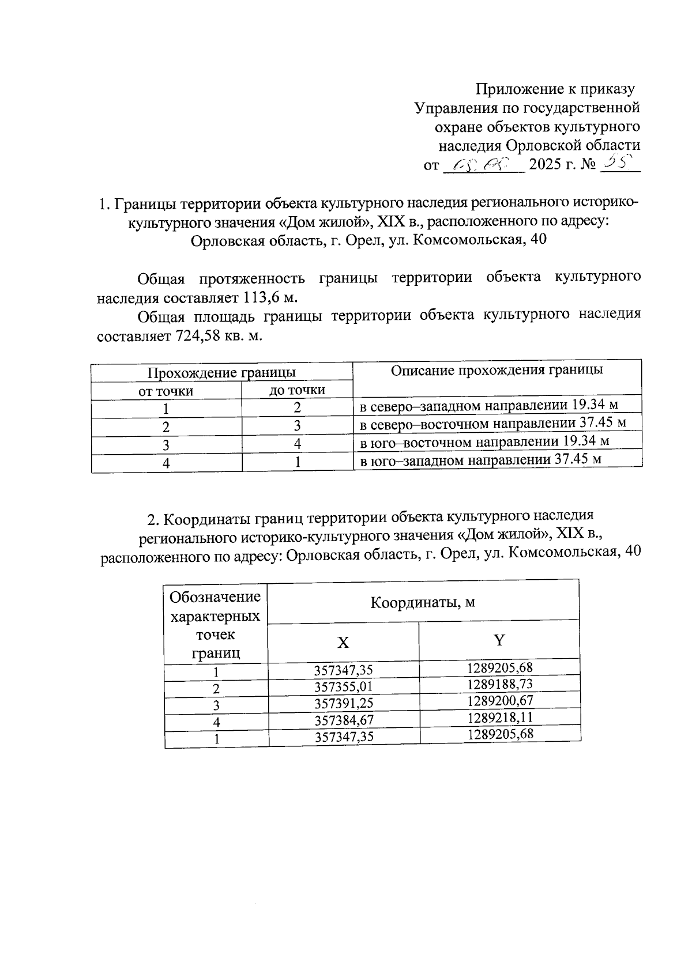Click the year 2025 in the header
point(545,165)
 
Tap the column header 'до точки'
point(297,390)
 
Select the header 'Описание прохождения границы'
point(497,370)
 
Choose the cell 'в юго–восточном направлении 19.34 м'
point(484,442)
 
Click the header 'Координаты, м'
point(423,603)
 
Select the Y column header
point(499,640)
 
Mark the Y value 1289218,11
point(500,717)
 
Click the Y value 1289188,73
point(500,684)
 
